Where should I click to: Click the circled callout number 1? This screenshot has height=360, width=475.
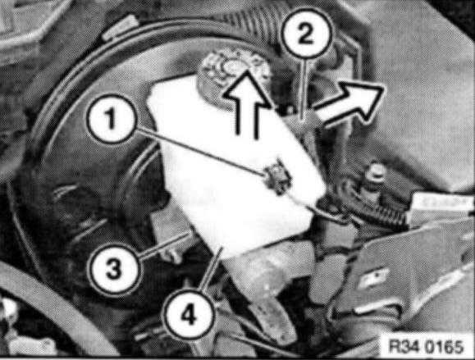point(111,119)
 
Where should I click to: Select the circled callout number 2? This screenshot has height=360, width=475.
point(306,34)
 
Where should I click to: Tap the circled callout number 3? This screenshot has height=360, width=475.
point(115,268)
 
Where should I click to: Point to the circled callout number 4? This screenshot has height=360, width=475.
point(189,314)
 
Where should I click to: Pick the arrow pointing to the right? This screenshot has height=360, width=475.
point(349,102)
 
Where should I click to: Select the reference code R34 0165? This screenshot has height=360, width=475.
point(425,346)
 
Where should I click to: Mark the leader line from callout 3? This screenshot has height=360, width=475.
point(166,244)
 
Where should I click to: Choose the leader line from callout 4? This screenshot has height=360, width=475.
point(212,270)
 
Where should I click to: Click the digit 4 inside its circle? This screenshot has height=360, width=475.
point(189,314)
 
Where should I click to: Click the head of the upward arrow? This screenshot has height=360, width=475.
point(247,89)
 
